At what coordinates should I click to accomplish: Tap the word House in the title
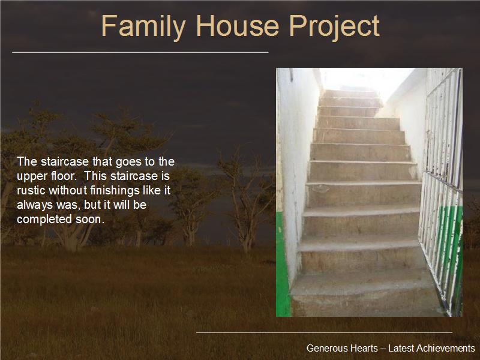click(x=238, y=26)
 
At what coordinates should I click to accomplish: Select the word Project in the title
click(x=334, y=28)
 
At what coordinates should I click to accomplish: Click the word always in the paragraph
click(x=35, y=205)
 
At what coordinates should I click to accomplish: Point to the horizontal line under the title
click(x=140, y=52)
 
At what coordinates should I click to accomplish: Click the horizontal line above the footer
click(x=324, y=332)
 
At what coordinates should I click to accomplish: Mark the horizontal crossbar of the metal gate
click(x=442, y=181)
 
